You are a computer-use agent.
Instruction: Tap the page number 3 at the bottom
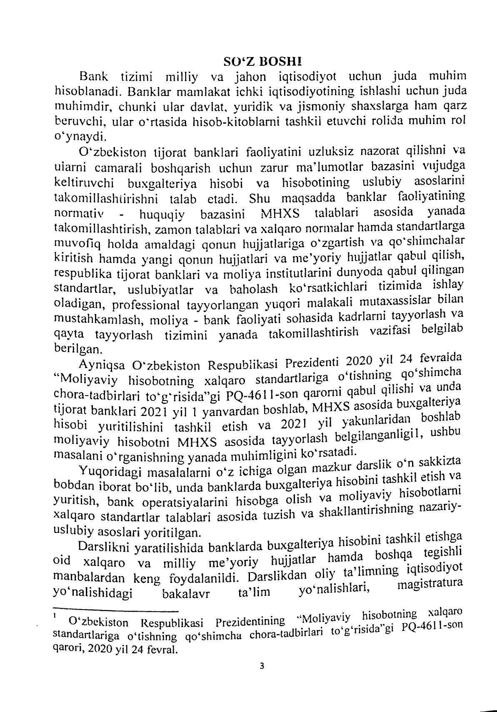point(262,677)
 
